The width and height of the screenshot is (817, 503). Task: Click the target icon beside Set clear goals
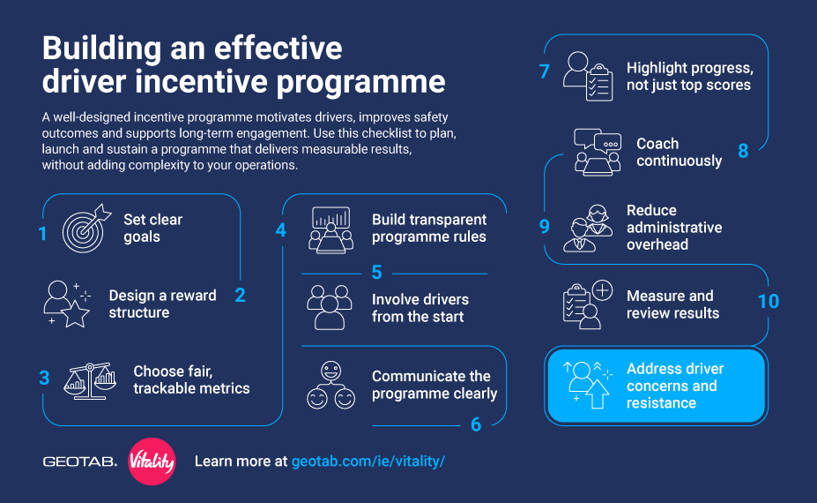click(85, 229)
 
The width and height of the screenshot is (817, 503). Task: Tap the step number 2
click(240, 296)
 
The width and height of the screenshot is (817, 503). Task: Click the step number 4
click(280, 229)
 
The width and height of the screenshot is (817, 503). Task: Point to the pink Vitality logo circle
click(152, 462)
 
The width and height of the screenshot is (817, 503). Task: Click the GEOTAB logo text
click(79, 462)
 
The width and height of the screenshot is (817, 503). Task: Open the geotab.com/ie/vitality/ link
click(368, 462)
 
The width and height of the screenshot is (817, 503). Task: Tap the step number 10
click(768, 301)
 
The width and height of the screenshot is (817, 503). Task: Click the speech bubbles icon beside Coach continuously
click(597, 151)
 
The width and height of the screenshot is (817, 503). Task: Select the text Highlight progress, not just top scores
click(688, 77)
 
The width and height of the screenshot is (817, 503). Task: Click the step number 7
click(545, 71)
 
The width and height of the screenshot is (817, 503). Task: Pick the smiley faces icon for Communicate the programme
click(331, 385)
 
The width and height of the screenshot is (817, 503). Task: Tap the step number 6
click(476, 424)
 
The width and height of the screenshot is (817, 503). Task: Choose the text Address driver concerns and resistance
click(674, 386)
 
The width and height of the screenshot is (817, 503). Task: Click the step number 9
click(544, 226)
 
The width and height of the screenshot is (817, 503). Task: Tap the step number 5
click(376, 273)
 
